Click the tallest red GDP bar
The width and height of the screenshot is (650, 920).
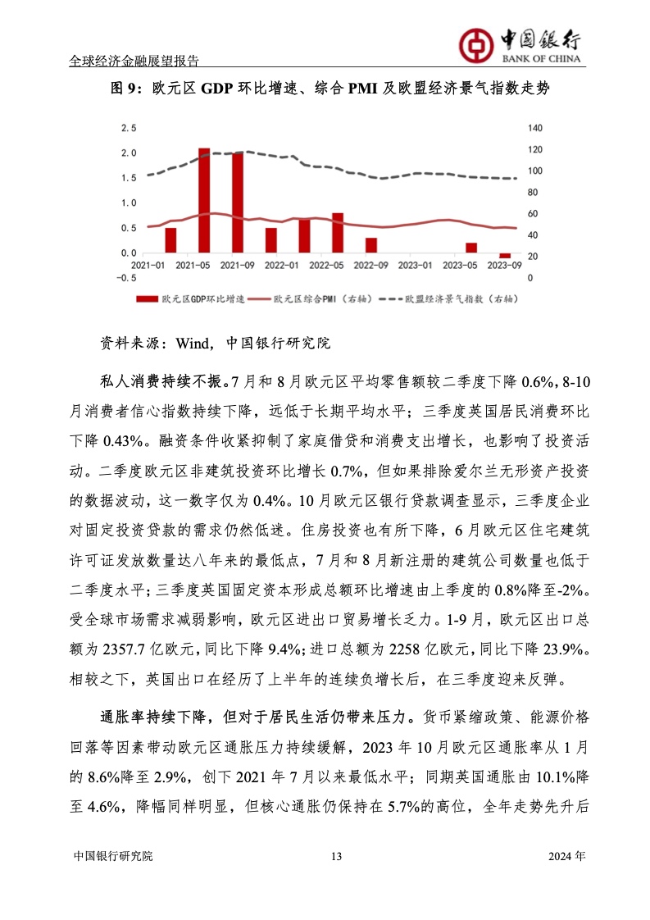click(204, 200)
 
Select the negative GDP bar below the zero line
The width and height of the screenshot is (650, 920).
click(505, 255)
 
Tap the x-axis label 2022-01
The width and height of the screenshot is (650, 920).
click(282, 266)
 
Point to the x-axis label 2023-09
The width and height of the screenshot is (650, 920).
click(505, 266)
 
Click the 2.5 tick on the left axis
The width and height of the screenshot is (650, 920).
click(129, 128)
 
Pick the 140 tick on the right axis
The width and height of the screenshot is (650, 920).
click(534, 128)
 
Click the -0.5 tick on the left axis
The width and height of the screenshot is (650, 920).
click(125, 277)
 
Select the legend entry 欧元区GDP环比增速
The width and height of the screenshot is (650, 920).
click(191, 300)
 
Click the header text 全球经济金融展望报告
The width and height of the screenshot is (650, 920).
click(135, 61)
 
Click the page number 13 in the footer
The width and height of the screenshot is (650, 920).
click(335, 856)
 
